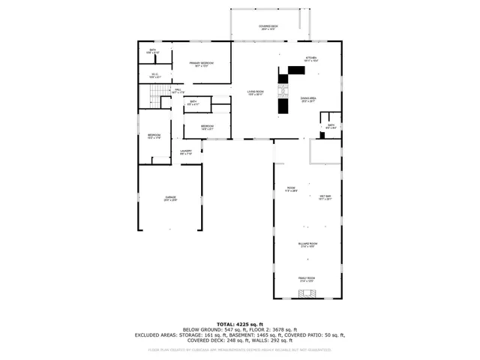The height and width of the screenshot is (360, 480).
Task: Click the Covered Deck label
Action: coord(268,27)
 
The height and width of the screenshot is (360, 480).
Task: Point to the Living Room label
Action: coord(256,94)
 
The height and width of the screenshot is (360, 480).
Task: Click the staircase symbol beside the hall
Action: coord(155,95)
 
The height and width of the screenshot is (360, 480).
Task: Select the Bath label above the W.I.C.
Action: coord(153,52)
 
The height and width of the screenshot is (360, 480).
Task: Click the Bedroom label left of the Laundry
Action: coord(154,136)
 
